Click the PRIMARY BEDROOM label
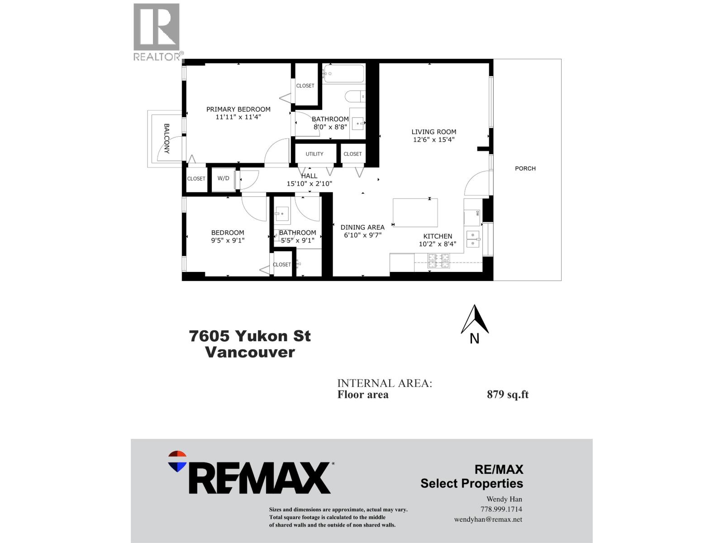[238, 109]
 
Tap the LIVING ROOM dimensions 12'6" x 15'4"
[433, 140]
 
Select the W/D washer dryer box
[224, 179]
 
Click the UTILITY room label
[314, 154]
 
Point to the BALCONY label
[167, 138]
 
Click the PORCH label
[525, 168]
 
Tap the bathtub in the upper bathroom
[344, 74]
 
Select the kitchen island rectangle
[415, 213]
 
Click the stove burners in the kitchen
[439, 261]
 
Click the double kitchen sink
[473, 239]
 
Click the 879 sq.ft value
[507, 395]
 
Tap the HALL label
[310, 176]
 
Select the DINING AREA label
[362, 227]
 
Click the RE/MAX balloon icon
[177, 461]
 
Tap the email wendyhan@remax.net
[488, 519]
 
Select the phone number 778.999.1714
[501, 509]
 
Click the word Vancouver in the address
[250, 352]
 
